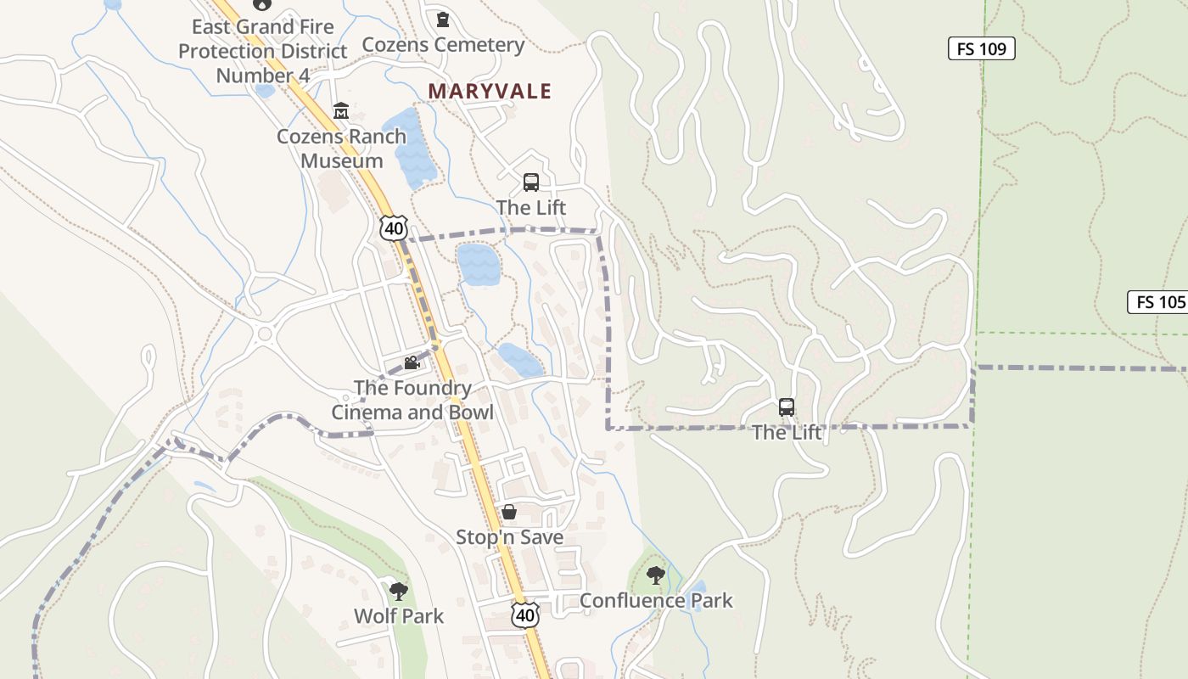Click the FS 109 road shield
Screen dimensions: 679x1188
pos(981,48)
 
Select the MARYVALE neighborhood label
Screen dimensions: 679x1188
pos(490,91)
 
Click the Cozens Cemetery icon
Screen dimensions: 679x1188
pos(442,19)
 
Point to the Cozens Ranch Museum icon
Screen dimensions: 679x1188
pos(341,110)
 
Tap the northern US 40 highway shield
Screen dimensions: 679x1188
pos(394,227)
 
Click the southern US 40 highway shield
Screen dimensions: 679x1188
pos(525,614)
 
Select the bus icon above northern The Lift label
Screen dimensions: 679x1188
pos(531,182)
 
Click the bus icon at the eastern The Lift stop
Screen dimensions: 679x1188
pos(787,407)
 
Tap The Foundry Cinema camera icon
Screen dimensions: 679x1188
pos(412,363)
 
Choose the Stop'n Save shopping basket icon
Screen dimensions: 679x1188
pos(509,512)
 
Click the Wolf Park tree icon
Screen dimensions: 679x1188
pos(398,591)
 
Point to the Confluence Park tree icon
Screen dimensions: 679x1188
pos(655,575)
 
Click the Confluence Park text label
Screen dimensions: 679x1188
pos(656,601)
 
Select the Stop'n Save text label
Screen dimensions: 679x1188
pos(509,537)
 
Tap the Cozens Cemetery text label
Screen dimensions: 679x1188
pos(443,44)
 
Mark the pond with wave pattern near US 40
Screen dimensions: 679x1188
pos(478,264)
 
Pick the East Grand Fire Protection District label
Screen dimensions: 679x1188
pos(262,51)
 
